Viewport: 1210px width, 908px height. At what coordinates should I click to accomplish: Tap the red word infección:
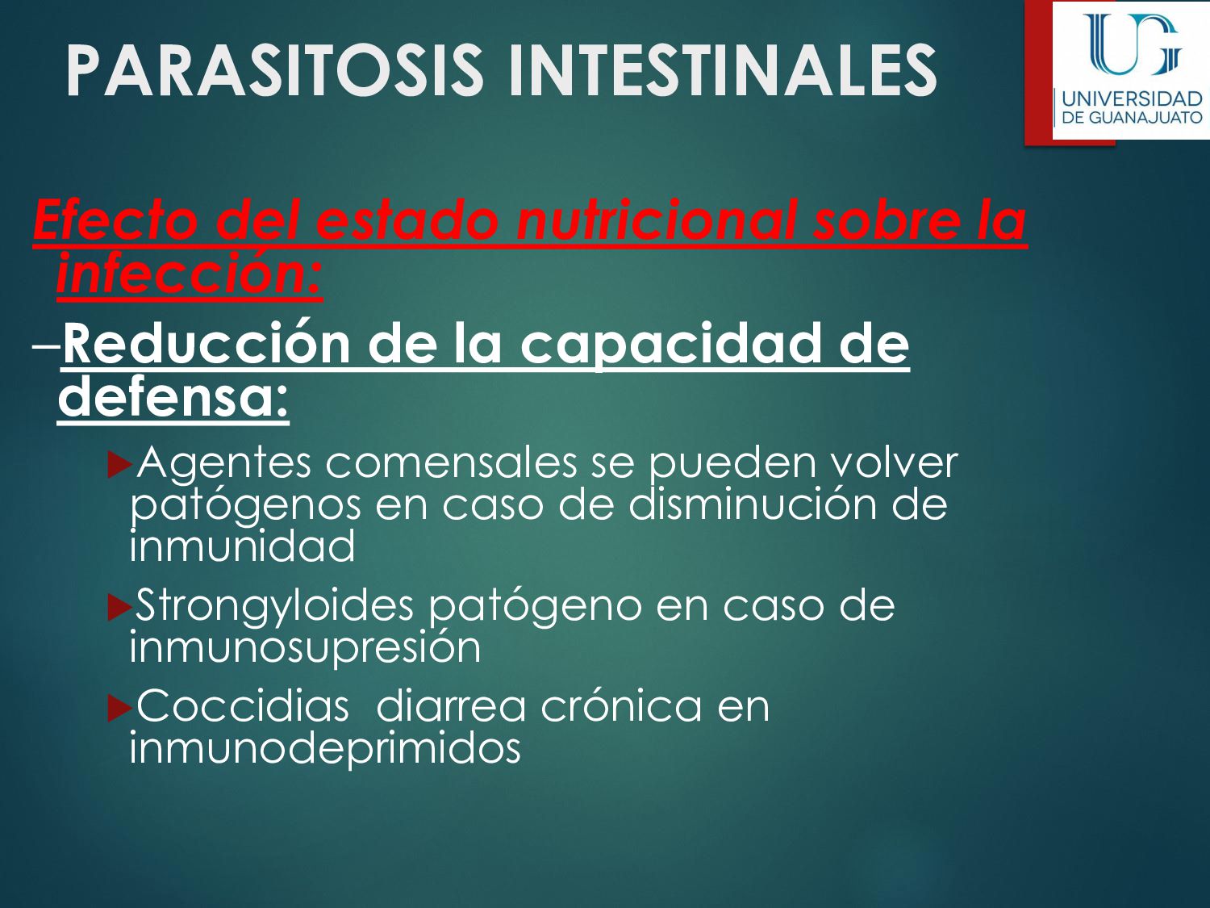pos(190,274)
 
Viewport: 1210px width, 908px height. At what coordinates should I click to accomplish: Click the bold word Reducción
pos(206,344)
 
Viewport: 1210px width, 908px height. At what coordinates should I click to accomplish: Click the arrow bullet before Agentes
pos(119,464)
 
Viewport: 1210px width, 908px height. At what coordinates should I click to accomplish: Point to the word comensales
pos(451,462)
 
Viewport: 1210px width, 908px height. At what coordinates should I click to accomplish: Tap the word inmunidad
pos(242,546)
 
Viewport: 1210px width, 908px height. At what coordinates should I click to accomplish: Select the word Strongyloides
pos(274,605)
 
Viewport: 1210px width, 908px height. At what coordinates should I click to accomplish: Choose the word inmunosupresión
pos(305,646)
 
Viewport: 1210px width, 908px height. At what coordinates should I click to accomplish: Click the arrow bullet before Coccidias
pos(119,708)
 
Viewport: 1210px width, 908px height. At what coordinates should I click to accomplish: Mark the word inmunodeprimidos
pos(325,748)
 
